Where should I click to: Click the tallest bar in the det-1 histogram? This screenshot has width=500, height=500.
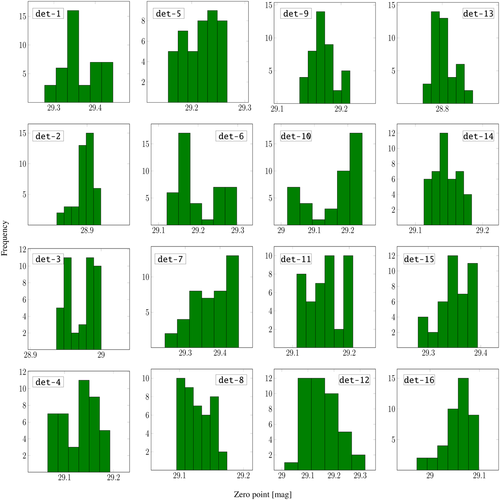tap(73, 56)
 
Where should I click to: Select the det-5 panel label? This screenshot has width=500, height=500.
tap(169, 14)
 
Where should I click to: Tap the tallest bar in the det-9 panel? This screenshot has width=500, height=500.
tap(320, 56)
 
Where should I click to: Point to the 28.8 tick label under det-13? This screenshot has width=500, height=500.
tap(442, 109)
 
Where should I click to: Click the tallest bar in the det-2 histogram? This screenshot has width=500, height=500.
tap(90, 179)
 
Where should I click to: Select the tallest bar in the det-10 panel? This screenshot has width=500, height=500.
tap(356, 179)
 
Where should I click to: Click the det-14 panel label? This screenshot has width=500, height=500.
tap(478, 136)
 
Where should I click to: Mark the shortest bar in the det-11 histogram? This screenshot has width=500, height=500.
tap(339, 338)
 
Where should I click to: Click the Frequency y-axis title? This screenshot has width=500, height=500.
tap(5, 238)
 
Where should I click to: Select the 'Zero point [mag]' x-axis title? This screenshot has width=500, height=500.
tap(262, 495)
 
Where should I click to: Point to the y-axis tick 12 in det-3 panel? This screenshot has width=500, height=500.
tap(24, 249)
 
